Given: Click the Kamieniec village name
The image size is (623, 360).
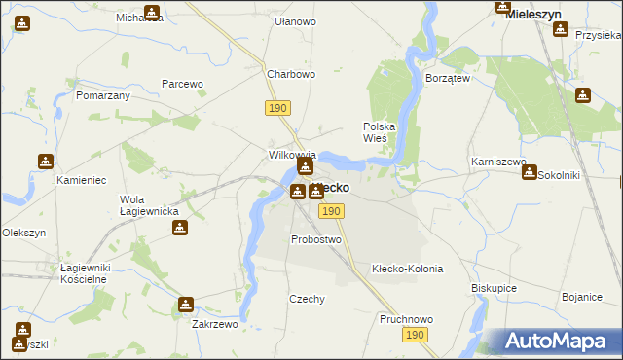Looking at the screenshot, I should click(x=80, y=181).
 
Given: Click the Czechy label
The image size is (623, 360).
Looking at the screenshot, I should click(x=307, y=300).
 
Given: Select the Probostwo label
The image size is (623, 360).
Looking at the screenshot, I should click(x=316, y=239).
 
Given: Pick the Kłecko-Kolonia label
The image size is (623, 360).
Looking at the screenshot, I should click(x=408, y=269).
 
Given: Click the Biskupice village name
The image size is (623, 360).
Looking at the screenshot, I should click(x=494, y=288).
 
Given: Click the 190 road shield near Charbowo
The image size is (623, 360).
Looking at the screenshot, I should click(x=277, y=107).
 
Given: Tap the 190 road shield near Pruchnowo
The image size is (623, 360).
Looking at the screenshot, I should click(x=415, y=335).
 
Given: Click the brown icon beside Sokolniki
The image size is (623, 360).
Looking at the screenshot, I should click(x=529, y=172).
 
